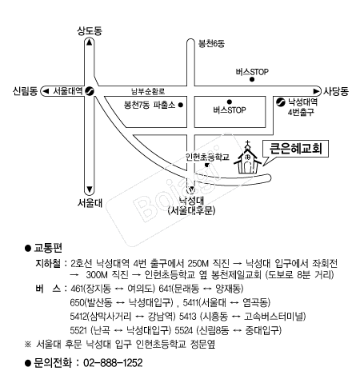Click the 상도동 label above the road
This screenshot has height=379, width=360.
[x=90, y=31]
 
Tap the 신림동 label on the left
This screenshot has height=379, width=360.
[x=25, y=91]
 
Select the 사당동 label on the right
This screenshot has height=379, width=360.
[x=336, y=91]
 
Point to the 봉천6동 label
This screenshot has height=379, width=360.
[x=211, y=43]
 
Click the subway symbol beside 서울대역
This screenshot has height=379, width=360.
[x=89, y=91]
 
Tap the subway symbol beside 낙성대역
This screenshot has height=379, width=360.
[x=281, y=102]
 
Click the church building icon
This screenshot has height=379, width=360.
[x=247, y=158]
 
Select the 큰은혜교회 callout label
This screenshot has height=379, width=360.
[x=296, y=149]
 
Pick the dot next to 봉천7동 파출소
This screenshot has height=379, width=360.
[x=181, y=105]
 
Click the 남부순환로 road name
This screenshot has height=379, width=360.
[x=148, y=91]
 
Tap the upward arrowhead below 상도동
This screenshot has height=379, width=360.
[x=90, y=42]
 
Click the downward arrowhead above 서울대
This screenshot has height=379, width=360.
[x=90, y=189]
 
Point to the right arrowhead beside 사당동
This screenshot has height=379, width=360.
[x=316, y=91]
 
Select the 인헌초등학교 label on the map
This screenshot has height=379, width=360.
[x=207, y=157]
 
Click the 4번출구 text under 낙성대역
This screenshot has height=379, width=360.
[x=301, y=112]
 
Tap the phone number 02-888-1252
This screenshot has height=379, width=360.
[x=113, y=363]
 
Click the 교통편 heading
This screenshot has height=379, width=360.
[x=48, y=248]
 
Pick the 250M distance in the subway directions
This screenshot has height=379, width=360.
[x=198, y=263]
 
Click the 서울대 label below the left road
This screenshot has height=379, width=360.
[x=90, y=203]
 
